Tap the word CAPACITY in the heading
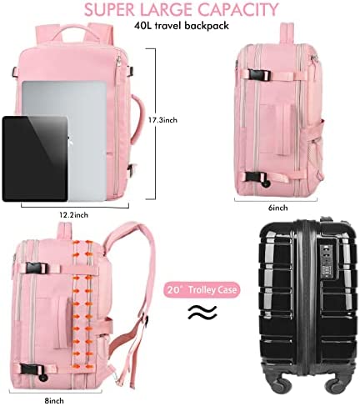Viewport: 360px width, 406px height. click(238, 9)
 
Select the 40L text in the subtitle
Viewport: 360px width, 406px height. click(142, 26)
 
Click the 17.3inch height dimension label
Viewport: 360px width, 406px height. click(162, 120)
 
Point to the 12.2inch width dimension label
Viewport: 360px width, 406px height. click(73, 215)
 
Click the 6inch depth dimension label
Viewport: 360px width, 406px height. click(277, 208)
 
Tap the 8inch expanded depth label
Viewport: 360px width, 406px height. click(54, 401)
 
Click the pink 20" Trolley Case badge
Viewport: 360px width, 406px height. click(202, 290)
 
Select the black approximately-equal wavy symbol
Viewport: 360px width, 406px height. click(202, 312)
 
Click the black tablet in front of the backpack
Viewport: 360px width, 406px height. click(35, 158)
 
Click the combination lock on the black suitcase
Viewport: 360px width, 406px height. click(327, 262)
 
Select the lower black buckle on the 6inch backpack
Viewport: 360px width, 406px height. click(256, 177)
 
